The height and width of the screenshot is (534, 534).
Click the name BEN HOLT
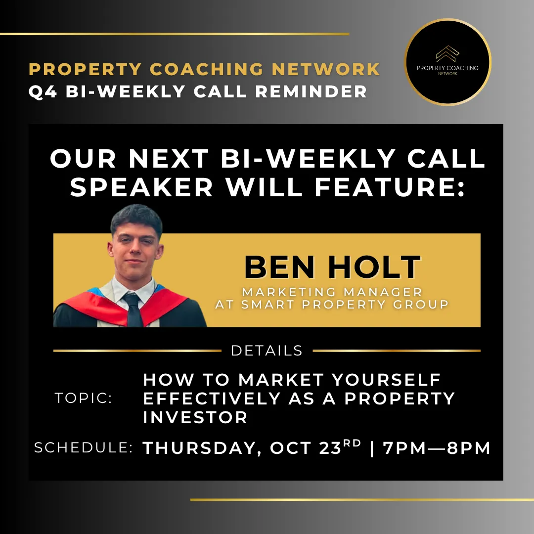pos(333,267)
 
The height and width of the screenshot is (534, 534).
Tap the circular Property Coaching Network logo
pos(447,62)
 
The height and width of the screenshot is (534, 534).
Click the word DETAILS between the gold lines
pos(267,351)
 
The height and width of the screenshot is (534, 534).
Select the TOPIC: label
pos(84,398)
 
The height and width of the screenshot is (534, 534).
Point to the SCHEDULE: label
pos(84,447)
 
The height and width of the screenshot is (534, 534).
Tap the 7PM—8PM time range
pos(437,448)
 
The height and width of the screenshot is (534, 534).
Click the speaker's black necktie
pos(133,310)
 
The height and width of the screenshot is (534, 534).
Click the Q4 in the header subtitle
pos(43,91)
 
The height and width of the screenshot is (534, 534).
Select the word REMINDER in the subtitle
pos(311,91)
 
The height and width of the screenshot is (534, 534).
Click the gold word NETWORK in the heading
pos(326,69)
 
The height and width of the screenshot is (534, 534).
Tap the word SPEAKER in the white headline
pos(141,187)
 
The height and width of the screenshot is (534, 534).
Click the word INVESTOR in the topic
pos(195,417)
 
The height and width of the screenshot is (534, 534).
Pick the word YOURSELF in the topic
pos(386,380)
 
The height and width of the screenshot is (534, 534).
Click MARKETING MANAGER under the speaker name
pos(332,292)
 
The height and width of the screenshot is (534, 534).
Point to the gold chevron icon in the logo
pos(447,53)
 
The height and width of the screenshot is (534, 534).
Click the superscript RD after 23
pos(352,443)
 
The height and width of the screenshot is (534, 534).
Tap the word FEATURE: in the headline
pos(390,187)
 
